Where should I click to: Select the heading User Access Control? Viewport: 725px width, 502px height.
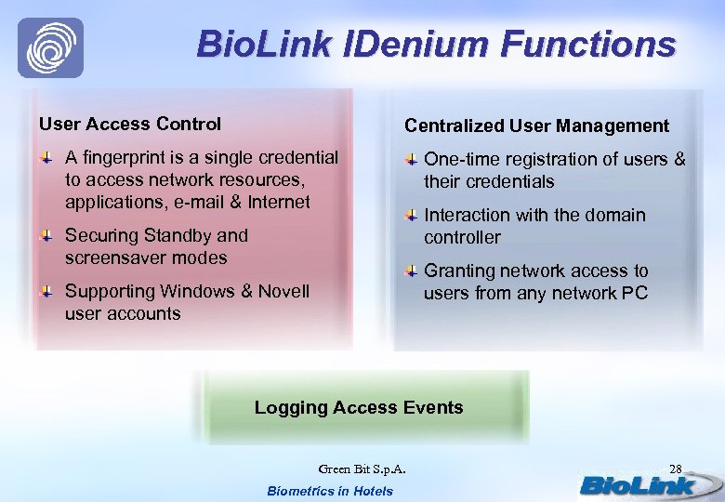pyautogui.click(x=130, y=124)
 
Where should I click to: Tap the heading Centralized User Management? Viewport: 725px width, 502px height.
pyautogui.click(x=536, y=125)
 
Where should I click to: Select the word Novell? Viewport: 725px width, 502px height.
pyautogui.click(x=284, y=291)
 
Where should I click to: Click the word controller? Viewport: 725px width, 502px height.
pyautogui.click(x=462, y=237)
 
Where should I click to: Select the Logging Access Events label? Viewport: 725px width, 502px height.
pyautogui.click(x=359, y=407)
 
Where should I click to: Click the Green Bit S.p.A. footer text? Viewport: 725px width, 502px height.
pyautogui.click(x=362, y=468)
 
